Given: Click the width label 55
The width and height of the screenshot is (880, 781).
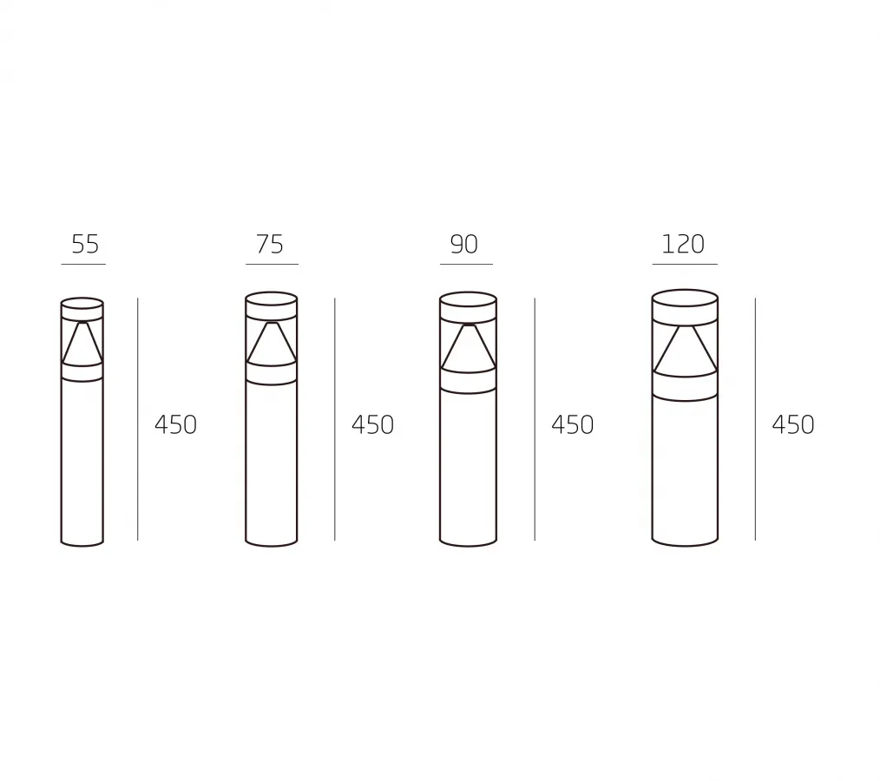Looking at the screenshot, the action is [x=85, y=244].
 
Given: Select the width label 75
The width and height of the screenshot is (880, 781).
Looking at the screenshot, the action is [x=269, y=244].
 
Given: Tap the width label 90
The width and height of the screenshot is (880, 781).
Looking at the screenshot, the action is [x=464, y=244].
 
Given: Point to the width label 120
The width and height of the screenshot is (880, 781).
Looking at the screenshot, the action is [x=683, y=244].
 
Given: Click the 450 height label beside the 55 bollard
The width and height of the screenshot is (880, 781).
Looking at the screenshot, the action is [x=175, y=424].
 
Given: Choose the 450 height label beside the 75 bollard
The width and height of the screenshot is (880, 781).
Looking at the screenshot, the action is [x=372, y=424].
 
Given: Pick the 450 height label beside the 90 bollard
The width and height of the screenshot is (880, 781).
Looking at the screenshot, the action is [x=573, y=424].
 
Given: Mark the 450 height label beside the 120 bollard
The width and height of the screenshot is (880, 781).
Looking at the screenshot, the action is [x=793, y=424].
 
